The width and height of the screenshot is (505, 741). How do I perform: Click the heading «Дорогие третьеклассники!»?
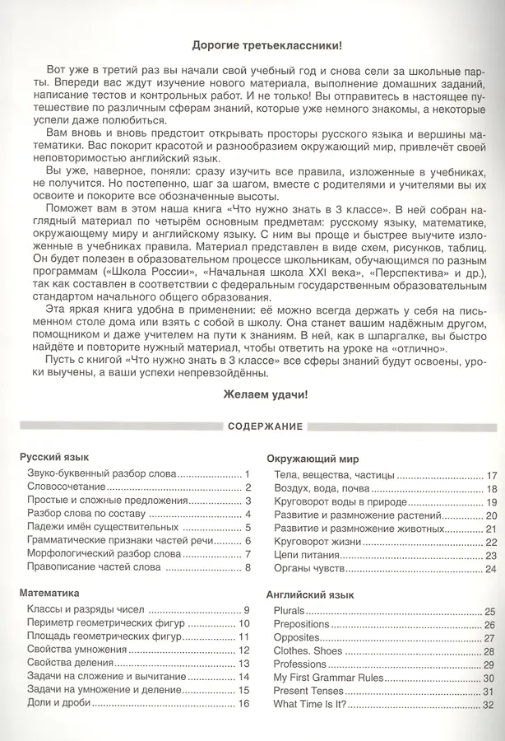(266, 44)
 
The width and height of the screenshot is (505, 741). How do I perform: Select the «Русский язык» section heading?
(54, 458)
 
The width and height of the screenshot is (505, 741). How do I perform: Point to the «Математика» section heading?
(50, 592)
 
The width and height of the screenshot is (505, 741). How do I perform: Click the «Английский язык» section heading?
(310, 594)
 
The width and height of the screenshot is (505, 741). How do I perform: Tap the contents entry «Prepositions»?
(301, 624)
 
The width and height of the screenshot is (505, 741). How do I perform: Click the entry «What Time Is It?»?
(310, 706)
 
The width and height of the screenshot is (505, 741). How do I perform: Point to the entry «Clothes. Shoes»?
(308, 650)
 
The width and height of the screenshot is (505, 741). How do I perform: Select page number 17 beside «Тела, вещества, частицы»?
(492, 476)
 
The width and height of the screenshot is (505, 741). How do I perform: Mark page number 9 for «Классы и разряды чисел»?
(246, 609)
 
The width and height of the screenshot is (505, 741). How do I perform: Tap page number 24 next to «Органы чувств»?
(491, 569)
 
